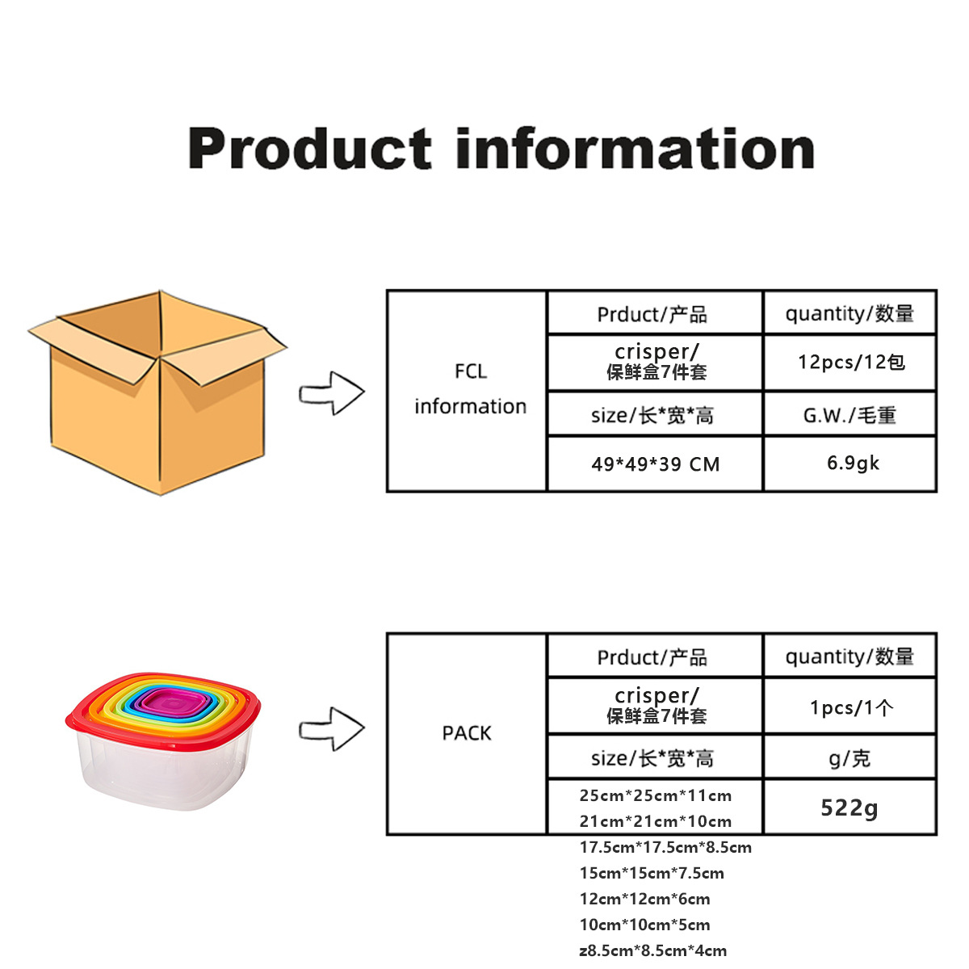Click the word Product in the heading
tap(309, 149)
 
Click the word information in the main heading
tap(635, 149)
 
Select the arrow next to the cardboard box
tap(332, 394)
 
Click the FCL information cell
tap(469, 389)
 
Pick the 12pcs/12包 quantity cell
tap(850, 362)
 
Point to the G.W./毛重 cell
tap(849, 415)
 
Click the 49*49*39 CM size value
tap(655, 464)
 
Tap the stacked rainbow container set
tap(164, 739)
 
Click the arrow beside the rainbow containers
tap(332, 729)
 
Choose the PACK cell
tap(467, 733)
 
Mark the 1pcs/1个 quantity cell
tap(851, 707)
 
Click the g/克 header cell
tap(849, 758)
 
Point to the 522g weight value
tap(849, 807)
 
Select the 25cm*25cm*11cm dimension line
tap(655, 795)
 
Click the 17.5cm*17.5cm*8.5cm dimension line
tap(665, 847)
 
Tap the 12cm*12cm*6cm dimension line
tap(644, 899)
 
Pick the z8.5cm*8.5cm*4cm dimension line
tap(652, 950)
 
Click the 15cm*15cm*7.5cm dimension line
tap(652, 873)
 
